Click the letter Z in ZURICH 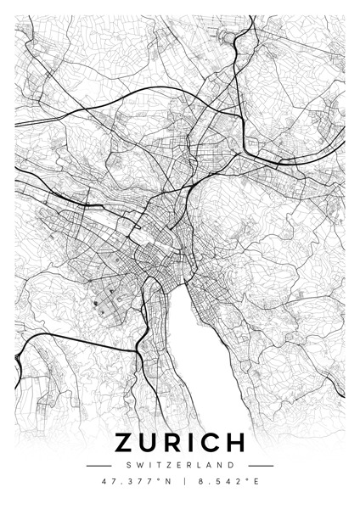124,444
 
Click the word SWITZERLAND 180,465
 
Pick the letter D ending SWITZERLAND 233,465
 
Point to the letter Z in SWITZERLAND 166,465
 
